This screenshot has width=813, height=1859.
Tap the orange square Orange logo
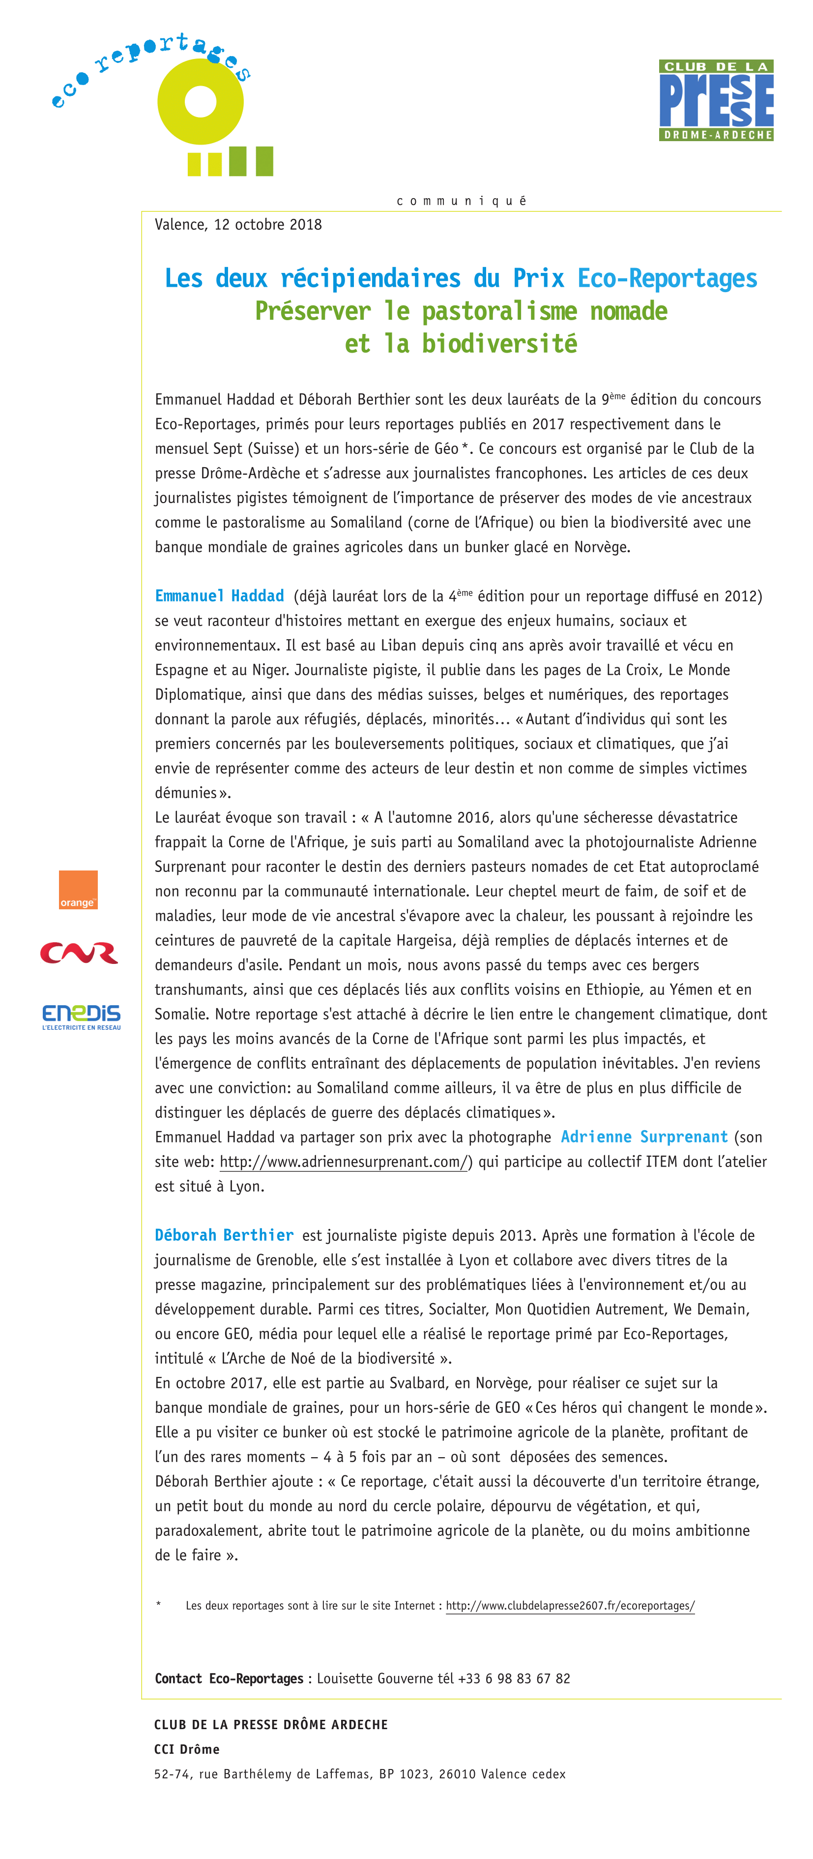click(78, 889)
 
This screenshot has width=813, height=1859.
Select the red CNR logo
click(79, 953)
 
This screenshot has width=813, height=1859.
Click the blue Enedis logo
click(81, 1016)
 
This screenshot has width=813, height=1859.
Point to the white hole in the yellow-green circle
click(201, 102)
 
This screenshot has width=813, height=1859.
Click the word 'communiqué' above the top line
click(462, 201)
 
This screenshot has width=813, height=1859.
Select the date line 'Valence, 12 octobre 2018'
click(238, 224)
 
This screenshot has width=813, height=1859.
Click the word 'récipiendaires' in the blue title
click(370, 278)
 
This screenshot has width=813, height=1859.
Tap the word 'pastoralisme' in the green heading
click(499, 311)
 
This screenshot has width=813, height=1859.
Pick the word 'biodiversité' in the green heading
click(499, 343)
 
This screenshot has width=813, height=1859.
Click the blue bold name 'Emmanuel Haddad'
click(219, 596)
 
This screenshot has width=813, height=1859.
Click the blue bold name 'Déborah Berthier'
click(224, 1235)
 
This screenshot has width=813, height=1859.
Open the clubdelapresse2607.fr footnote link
click(570, 1606)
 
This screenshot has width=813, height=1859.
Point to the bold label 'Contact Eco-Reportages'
click(229, 1679)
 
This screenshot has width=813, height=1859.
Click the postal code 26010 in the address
click(457, 1774)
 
